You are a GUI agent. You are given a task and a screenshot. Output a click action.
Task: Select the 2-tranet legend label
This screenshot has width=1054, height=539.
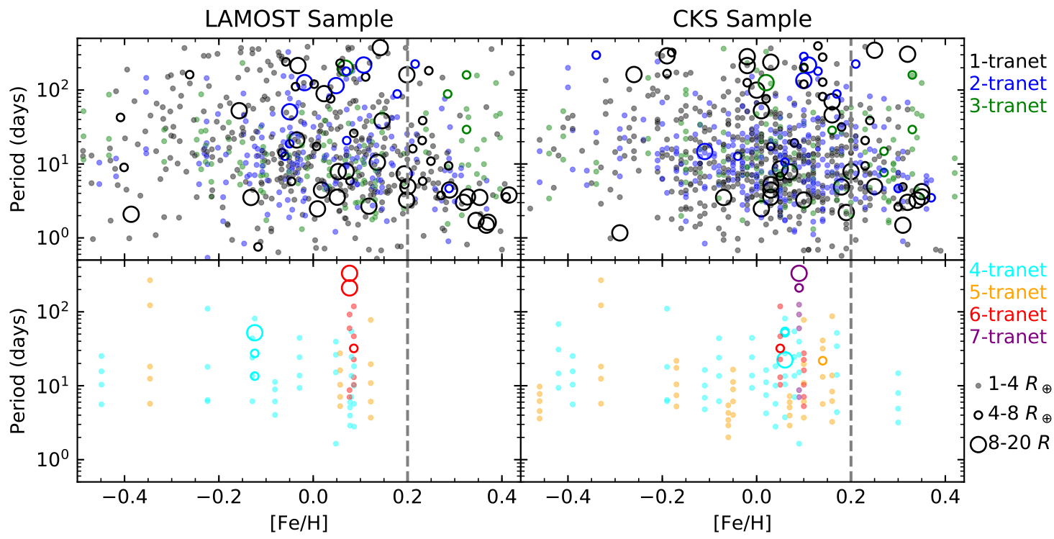point(1008,83)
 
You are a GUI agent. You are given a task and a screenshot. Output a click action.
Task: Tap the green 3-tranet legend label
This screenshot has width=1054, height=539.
point(1008,106)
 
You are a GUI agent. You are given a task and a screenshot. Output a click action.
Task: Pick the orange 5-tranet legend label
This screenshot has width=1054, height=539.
point(1008,292)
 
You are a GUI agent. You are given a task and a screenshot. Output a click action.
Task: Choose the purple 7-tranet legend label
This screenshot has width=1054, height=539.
point(1008,336)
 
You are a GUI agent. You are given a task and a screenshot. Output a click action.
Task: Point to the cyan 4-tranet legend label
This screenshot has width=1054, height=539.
point(1008,271)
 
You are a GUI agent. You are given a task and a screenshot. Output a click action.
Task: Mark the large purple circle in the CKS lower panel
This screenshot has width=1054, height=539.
point(799,273)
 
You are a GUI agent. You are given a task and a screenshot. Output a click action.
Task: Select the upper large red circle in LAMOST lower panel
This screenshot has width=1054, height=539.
point(350,273)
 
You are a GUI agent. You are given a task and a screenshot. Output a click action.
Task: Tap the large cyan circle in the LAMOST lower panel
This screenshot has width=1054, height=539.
point(255,332)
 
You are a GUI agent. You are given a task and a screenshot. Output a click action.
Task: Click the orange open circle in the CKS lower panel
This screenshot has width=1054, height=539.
point(822,361)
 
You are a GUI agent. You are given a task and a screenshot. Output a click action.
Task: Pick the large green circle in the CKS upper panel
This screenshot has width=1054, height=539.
point(765,82)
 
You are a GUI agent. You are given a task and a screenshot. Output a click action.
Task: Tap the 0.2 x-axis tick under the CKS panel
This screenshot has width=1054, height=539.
point(851,498)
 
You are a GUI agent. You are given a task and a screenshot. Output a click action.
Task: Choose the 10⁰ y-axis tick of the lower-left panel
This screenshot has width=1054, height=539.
point(56,460)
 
